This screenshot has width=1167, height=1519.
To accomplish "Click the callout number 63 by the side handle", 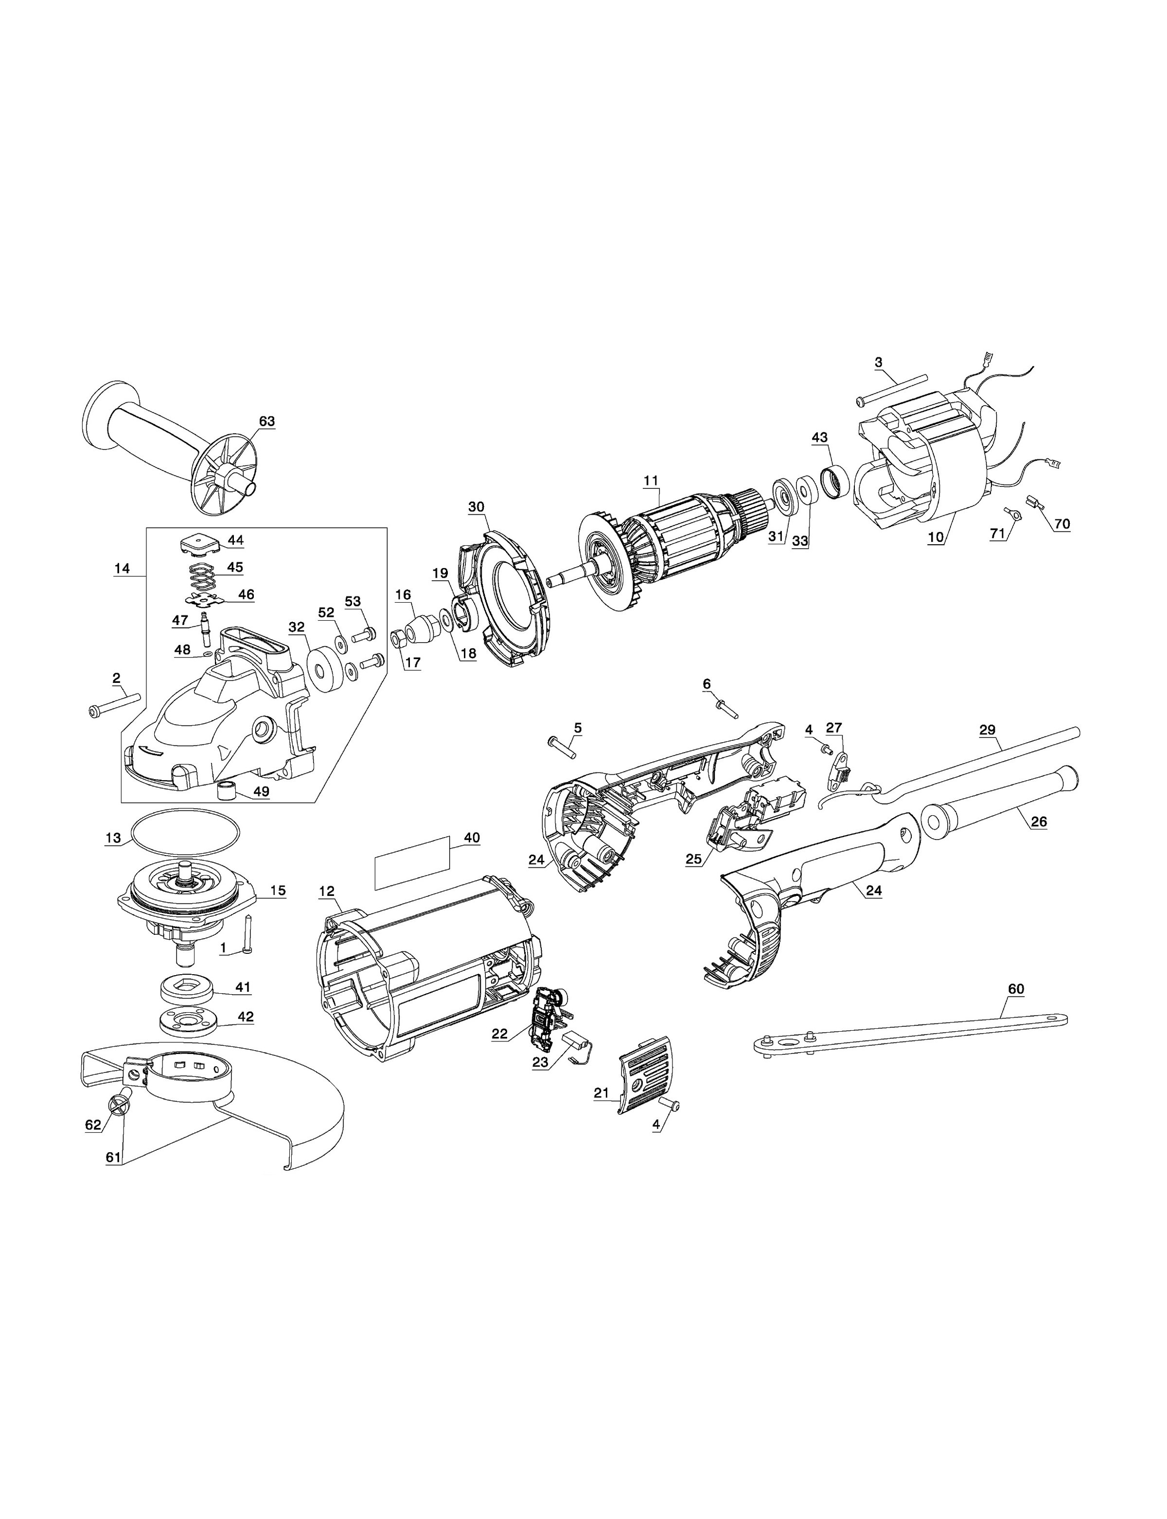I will (x=267, y=421).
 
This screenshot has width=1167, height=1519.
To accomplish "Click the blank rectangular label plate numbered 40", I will (x=410, y=863).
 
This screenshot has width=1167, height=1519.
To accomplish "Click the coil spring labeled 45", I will (x=203, y=575).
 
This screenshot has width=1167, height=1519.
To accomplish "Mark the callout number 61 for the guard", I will (x=114, y=1157).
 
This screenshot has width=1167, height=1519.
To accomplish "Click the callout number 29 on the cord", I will (x=987, y=730).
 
